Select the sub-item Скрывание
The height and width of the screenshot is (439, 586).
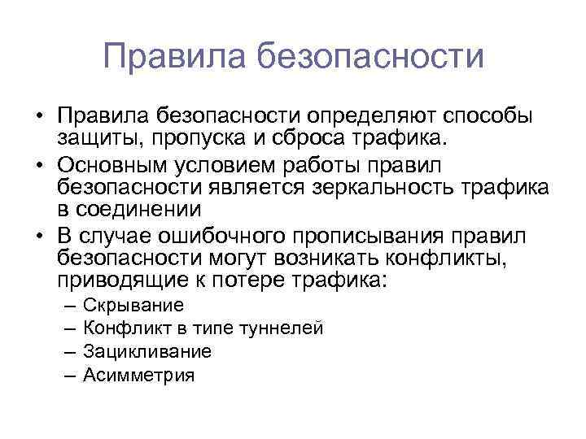pyautogui.click(x=133, y=305)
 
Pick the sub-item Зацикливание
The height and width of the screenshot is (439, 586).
pyautogui.click(x=147, y=351)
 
